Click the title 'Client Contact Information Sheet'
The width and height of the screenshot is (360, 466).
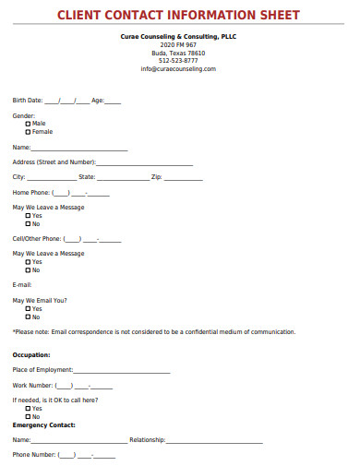pos(179,15)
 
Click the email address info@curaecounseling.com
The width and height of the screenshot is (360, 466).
pos(178,69)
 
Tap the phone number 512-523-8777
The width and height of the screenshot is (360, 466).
pos(178,61)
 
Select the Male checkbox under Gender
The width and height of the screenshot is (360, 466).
pos(28,123)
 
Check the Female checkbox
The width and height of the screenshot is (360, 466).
pos(28,131)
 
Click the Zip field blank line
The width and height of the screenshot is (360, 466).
pos(184,177)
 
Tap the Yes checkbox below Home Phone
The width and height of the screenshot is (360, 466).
pos(28,215)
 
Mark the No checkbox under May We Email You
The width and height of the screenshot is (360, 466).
pos(28,317)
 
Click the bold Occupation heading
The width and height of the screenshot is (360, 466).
pos(31,354)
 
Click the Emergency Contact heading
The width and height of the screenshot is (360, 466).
pos(44,424)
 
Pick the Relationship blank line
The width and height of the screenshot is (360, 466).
pos(214,441)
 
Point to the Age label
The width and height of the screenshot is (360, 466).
pos(97,100)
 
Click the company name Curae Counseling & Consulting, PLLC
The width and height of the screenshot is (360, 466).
pos(178,36)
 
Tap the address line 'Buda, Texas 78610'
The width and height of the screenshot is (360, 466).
pos(178,53)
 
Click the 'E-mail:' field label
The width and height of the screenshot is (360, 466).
pos(22,285)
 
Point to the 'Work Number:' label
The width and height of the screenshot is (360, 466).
pos(32,385)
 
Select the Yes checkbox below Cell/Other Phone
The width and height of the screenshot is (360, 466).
pos(28,262)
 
